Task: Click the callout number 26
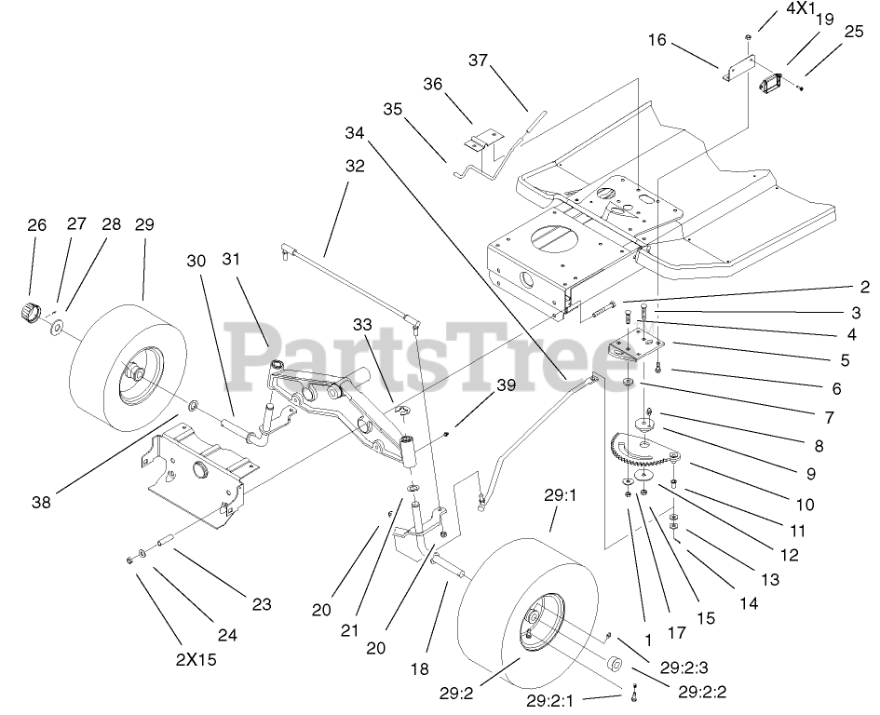tap(36, 224)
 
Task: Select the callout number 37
tap(478, 61)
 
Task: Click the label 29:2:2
tap(702, 691)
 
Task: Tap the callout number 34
tap(353, 133)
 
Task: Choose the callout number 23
tap(262, 604)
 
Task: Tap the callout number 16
tap(657, 41)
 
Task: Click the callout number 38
tap(39, 502)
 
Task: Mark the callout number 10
tap(805, 504)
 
